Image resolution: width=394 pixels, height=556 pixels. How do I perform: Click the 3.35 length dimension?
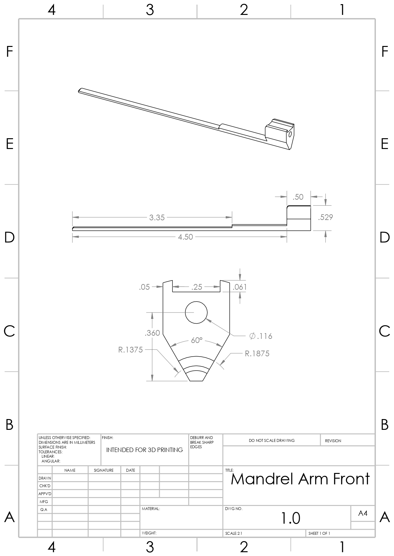[157, 217]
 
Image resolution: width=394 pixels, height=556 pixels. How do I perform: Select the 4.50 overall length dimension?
[185, 237]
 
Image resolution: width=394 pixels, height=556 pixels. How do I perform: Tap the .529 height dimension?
[325, 217]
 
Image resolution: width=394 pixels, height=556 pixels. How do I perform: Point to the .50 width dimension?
[298, 197]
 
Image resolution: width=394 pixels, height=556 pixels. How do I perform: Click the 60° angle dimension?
[197, 340]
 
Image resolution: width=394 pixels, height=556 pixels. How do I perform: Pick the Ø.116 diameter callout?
[261, 336]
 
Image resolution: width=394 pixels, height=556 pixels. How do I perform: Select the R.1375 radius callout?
[130, 350]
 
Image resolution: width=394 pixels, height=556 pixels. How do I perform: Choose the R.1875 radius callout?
[257, 353]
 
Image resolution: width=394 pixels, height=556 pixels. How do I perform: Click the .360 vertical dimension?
[152, 333]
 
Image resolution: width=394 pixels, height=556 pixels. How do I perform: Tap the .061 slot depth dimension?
[240, 287]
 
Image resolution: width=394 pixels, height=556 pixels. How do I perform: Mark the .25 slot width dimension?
[197, 287]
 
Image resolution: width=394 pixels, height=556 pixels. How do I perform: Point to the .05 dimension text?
[144, 287]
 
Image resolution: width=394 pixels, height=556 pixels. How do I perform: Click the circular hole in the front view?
[196, 313]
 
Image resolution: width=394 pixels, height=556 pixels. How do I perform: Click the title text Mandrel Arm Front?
[300, 479]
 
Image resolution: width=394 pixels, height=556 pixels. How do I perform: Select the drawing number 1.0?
[290, 518]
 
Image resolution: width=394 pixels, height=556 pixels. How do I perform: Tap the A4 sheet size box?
[363, 513]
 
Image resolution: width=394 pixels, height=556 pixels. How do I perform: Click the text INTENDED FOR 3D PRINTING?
[144, 450]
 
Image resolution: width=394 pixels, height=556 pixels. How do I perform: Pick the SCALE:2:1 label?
[234, 533]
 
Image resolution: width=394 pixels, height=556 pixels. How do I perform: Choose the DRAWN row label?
[45, 478]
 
